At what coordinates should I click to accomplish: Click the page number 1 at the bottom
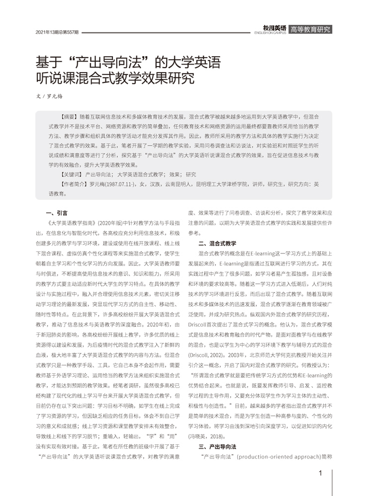(x=321, y=473)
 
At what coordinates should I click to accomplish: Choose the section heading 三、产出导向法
(x=216, y=446)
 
